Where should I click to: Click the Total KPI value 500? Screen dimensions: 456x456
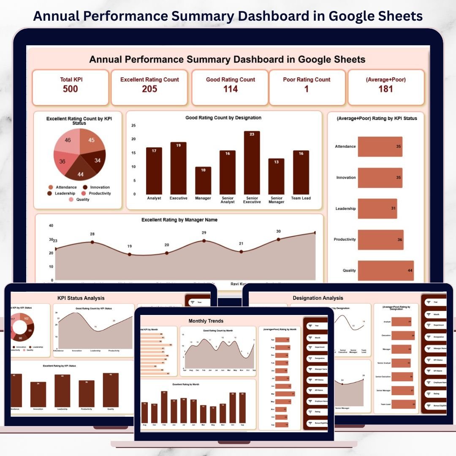[70, 89]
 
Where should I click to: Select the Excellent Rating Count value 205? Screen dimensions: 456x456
[149, 89]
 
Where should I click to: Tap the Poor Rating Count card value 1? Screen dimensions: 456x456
[307, 89]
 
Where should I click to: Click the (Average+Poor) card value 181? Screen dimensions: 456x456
[385, 89]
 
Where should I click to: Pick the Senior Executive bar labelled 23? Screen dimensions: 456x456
[252, 163]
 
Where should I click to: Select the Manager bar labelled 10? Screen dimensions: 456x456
[203, 180]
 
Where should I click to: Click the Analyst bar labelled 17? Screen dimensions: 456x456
[154, 171]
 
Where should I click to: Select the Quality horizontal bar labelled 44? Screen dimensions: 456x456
[385, 271]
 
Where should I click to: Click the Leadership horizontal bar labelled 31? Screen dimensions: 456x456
[377, 209]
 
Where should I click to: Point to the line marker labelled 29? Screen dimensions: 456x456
[204, 241]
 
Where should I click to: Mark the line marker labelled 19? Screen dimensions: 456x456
[130, 254]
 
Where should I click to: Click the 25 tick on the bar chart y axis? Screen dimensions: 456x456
[134, 125]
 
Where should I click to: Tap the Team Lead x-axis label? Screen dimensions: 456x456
[301, 198]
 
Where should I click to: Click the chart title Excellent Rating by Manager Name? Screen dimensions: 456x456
[179, 220]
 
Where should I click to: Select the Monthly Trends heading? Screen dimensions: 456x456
[206, 321]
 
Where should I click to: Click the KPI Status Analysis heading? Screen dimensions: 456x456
[81, 298]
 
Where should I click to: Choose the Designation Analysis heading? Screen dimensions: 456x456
[318, 298]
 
